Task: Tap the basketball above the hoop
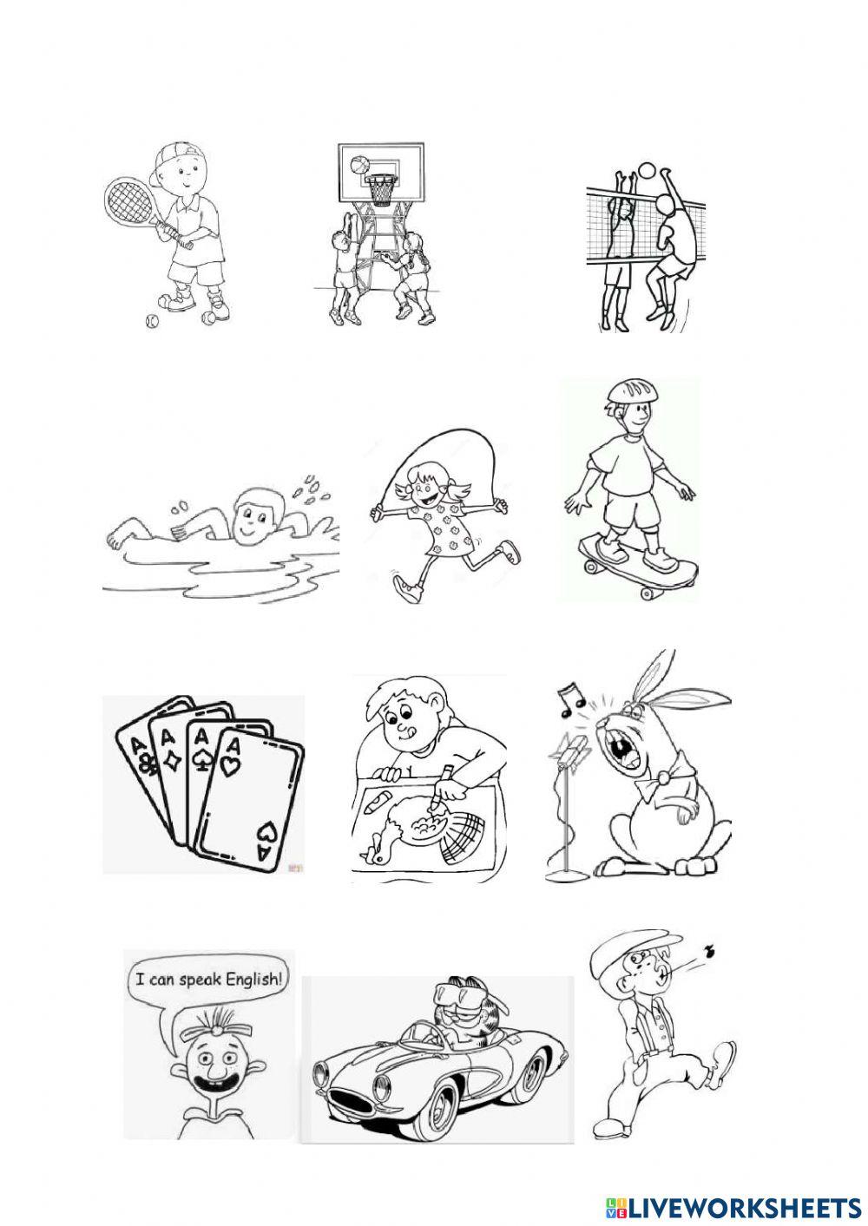click(x=358, y=165)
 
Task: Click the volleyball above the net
click(x=648, y=169)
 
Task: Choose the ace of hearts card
click(x=251, y=797)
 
